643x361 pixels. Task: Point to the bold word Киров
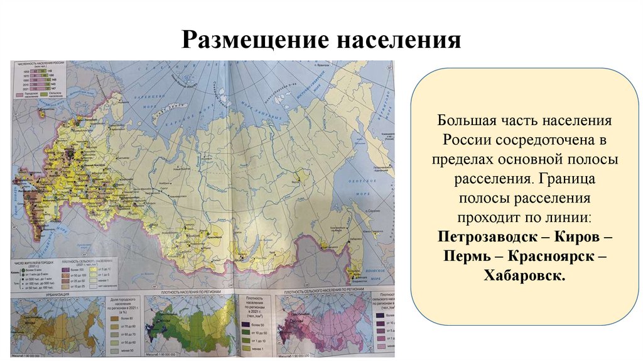(x=574, y=239)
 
